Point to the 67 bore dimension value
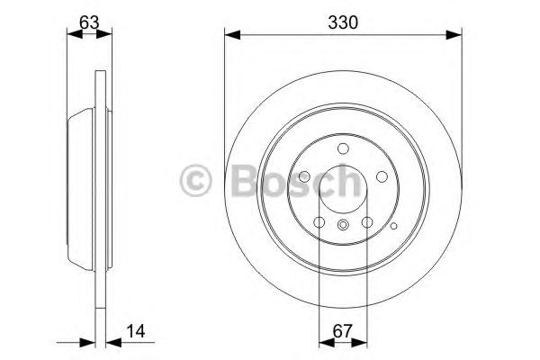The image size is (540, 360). (343, 330)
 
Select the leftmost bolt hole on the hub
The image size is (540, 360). (305, 177)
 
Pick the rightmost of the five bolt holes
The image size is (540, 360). (381, 177)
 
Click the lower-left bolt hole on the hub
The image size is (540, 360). (319, 221)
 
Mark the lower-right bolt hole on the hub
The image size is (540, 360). (366, 221)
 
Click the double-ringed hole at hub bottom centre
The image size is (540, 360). (343, 226)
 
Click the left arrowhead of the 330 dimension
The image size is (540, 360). (229, 35)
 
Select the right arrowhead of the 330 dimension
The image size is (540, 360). (456, 35)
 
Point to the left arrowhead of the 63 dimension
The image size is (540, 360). (73, 35)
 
